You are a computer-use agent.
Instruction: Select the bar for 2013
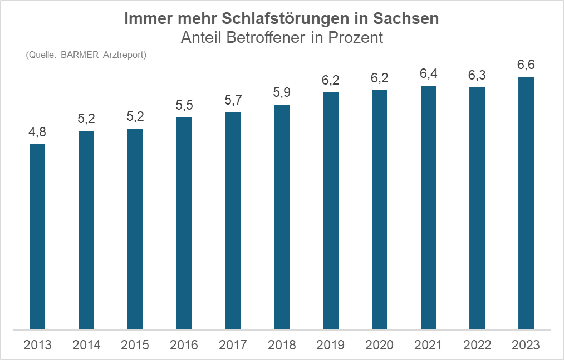pyautogui.click(x=37, y=236)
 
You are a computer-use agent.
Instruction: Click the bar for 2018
pyautogui.click(x=282, y=217)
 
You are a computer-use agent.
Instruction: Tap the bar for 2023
pyautogui.click(x=526, y=203)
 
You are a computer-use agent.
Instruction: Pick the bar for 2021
pyautogui.click(x=428, y=208)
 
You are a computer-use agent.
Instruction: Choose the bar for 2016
pyautogui.click(x=184, y=223)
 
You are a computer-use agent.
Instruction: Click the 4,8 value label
pyautogui.click(x=37, y=133)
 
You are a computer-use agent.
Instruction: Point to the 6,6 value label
pyautogui.click(x=526, y=65)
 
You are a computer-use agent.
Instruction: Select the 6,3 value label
pyautogui.click(x=477, y=75)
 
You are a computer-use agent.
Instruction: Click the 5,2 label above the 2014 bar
pyautogui.click(x=86, y=119)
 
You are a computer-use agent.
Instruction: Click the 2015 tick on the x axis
pyautogui.click(x=135, y=345)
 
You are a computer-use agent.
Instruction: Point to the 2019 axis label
pyautogui.click(x=330, y=345)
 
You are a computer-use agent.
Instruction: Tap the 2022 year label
pyautogui.click(x=477, y=345)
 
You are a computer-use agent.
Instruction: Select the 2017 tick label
pyautogui.click(x=233, y=345)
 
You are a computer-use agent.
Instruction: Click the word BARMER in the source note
pyautogui.click(x=80, y=55)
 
